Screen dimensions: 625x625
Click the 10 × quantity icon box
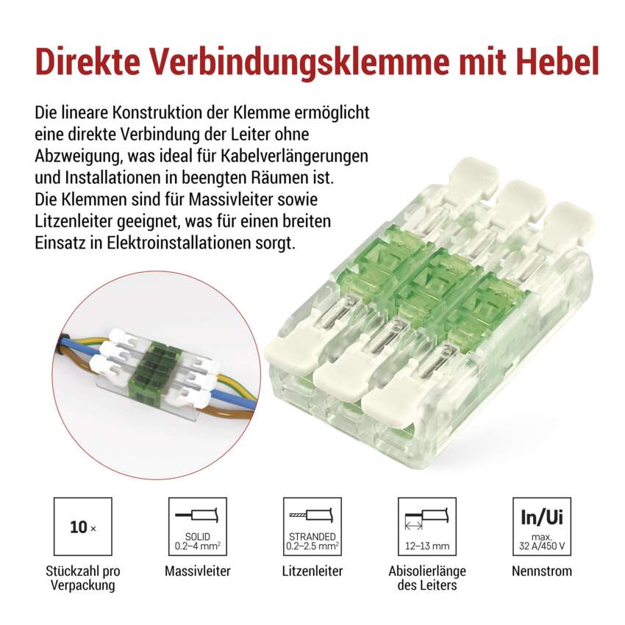click(83, 526)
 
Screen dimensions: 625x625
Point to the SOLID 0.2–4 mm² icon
click(198, 526)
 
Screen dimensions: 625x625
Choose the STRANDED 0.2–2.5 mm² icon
click(312, 526)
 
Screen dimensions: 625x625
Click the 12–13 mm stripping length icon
click(427, 526)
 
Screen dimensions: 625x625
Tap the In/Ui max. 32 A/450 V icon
click(542, 526)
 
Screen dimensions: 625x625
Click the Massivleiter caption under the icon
click(198, 571)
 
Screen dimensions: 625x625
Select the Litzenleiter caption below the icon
click(312, 571)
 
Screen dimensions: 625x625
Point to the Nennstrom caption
click(542, 571)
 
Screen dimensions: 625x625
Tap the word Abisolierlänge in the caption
click(427, 571)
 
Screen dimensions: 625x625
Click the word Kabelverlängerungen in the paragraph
click(295, 156)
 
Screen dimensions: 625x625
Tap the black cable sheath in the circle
click(60, 345)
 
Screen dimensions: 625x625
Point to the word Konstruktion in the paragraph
click(169, 113)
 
